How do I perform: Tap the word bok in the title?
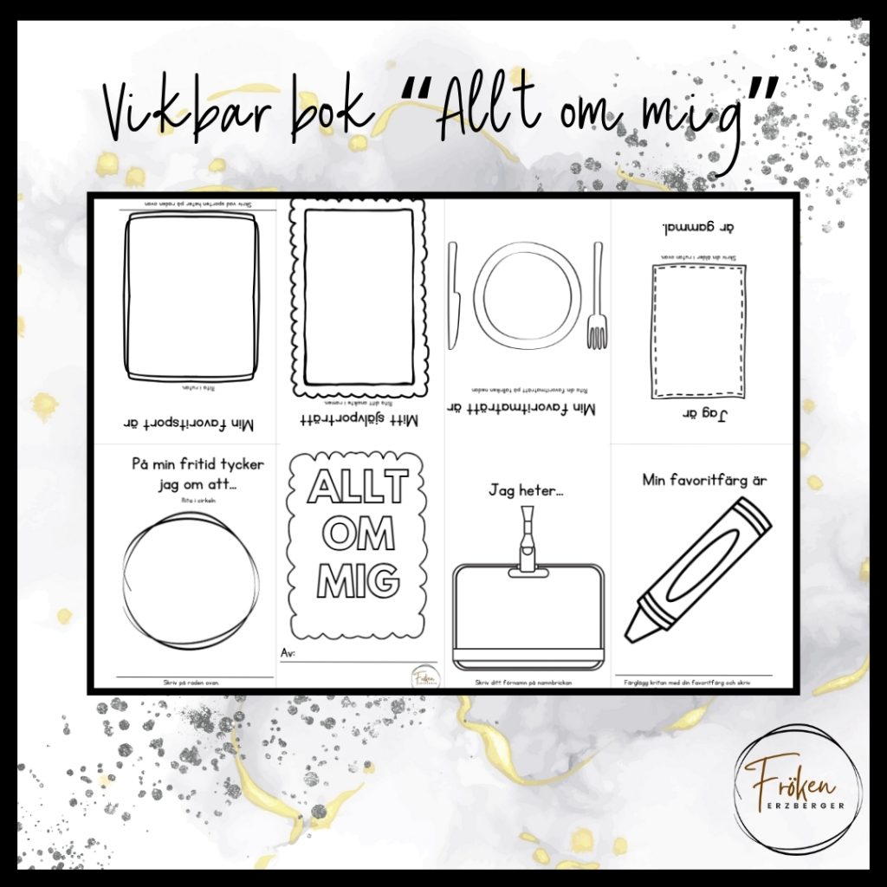[x=329, y=111]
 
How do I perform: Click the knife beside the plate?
[x=453, y=295]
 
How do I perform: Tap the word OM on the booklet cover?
[x=358, y=534]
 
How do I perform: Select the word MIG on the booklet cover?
[x=358, y=580]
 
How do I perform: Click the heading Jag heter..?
[x=526, y=490]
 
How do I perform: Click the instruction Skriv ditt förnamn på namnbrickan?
[x=528, y=683]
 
